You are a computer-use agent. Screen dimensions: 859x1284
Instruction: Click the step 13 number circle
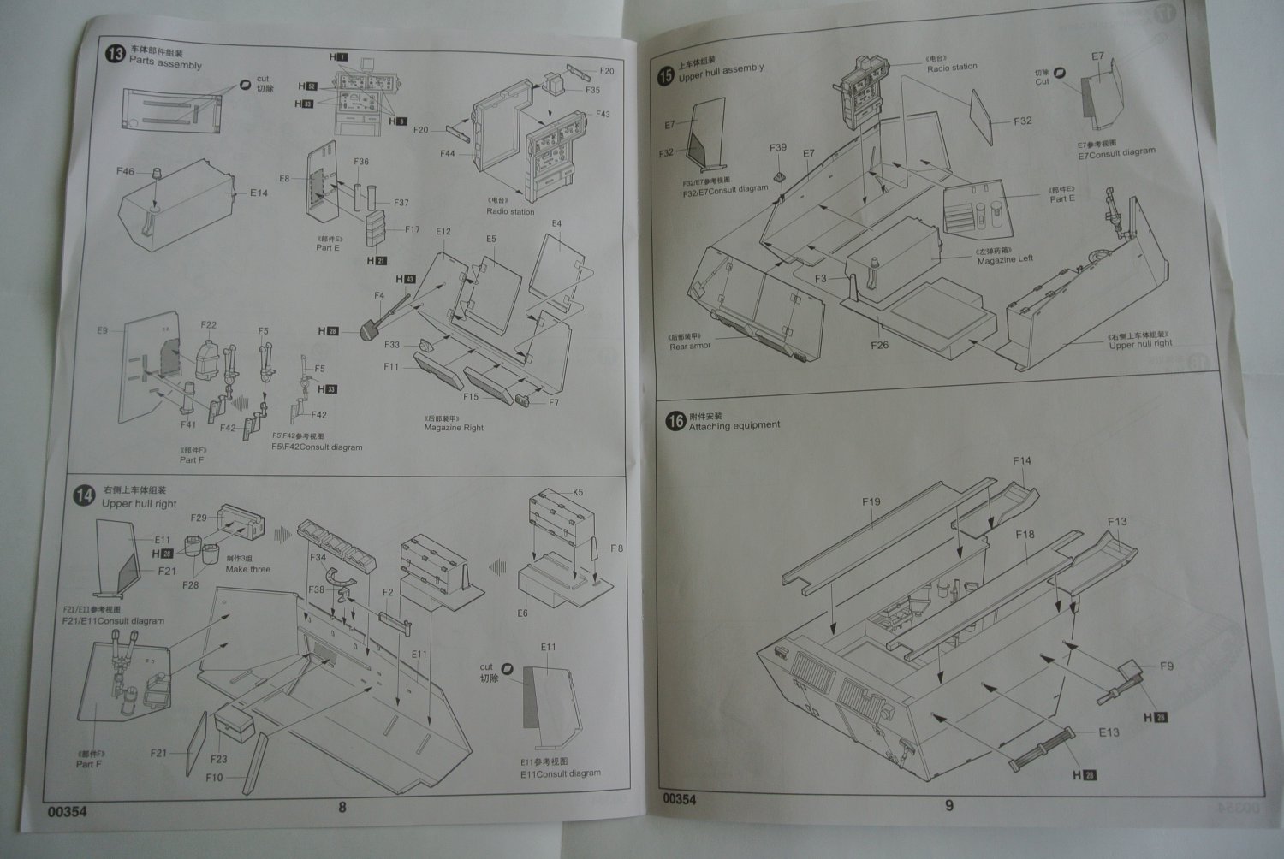point(114,56)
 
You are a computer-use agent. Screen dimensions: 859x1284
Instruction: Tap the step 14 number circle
point(85,496)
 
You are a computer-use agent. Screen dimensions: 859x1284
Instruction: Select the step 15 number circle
point(665,76)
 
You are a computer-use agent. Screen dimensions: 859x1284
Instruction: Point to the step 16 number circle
point(675,421)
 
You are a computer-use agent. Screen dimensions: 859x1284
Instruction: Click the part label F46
point(125,172)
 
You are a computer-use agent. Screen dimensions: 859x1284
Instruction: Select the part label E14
point(259,193)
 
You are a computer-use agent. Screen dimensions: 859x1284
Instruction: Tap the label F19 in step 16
point(871,502)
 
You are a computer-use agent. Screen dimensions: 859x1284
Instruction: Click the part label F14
point(1021,460)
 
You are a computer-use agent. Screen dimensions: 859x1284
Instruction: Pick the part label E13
point(1109,732)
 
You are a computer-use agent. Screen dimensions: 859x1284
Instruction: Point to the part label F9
point(1166,666)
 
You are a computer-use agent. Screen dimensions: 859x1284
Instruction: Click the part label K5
point(578,493)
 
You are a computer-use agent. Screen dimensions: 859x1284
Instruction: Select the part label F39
point(777,148)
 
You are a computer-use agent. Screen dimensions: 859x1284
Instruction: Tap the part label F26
point(879,345)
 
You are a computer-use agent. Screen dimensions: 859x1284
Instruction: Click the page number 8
point(342,807)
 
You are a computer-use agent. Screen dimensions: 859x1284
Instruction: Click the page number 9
point(948,804)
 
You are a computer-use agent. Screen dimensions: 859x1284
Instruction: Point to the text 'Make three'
point(247,569)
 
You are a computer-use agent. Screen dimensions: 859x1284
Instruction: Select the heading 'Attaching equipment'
point(734,425)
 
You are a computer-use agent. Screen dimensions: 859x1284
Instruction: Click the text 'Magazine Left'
point(1005,259)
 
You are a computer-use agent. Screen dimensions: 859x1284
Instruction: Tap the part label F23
point(218,759)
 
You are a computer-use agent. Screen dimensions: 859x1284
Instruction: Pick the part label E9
point(102,330)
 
